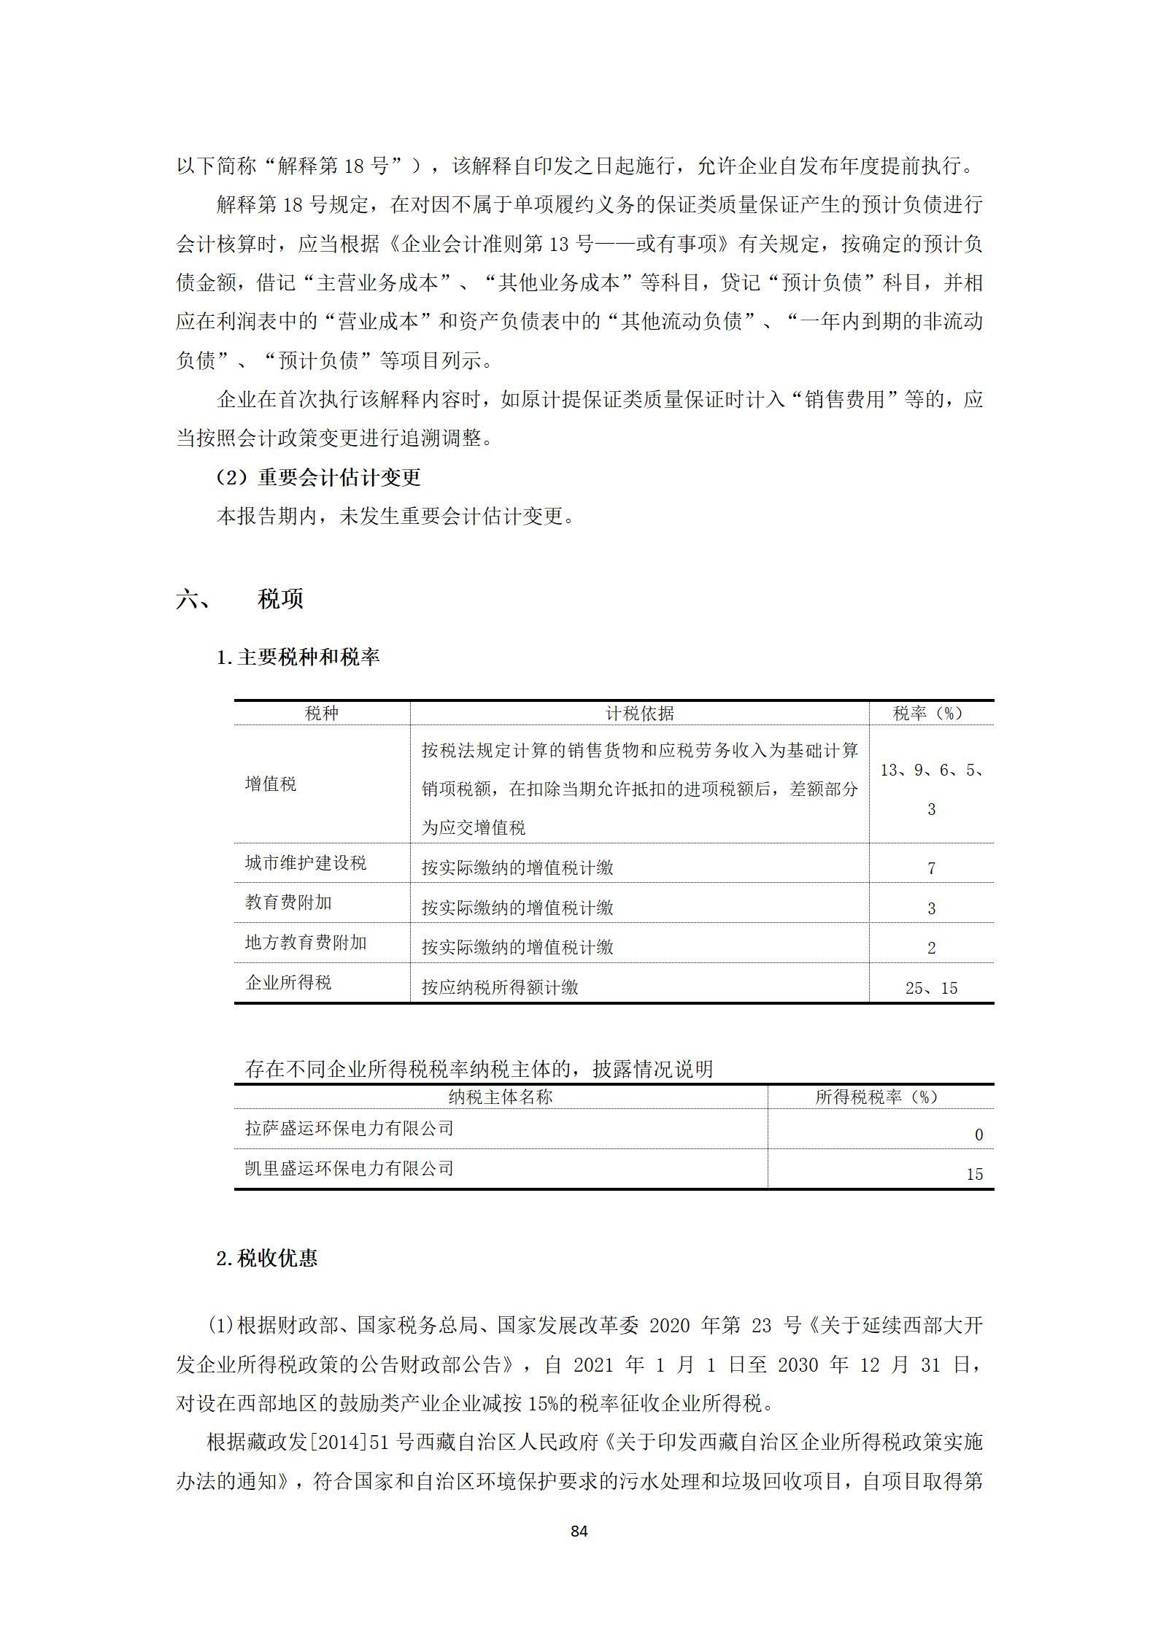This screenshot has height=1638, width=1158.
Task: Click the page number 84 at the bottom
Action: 579,1531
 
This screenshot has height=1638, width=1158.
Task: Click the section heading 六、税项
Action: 240,599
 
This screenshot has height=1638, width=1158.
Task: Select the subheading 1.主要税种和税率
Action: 298,657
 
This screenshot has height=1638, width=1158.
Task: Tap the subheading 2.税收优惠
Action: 267,1259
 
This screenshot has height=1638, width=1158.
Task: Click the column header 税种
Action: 322,713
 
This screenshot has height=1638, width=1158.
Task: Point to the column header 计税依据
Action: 639,713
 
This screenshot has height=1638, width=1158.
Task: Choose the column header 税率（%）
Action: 930,713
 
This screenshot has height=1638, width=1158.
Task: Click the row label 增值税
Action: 271,784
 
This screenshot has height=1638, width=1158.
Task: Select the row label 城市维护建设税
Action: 306,863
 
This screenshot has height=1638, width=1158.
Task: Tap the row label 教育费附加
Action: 288,903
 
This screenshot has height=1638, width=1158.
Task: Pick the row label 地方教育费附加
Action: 306,943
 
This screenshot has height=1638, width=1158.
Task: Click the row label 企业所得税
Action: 288,983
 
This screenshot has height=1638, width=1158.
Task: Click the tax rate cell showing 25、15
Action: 931,988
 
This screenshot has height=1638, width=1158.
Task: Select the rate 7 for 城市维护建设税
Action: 931,868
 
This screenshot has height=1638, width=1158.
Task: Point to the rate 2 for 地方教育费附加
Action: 931,948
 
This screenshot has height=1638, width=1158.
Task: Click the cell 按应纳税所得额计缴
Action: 500,987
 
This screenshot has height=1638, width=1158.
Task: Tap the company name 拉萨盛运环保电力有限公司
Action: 350,1128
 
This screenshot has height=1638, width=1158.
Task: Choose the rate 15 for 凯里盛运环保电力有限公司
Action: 974,1174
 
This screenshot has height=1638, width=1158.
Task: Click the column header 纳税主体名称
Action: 501,1097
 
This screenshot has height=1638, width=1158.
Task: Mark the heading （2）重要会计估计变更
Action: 319,477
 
